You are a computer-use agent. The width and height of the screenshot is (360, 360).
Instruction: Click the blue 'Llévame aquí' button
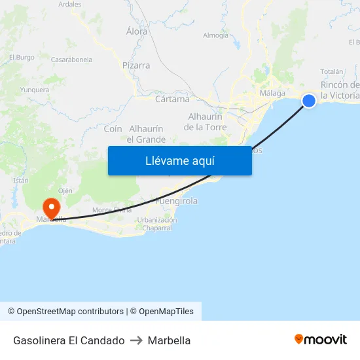pos(179,160)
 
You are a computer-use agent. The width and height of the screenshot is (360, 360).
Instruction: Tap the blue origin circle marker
pos(309,100)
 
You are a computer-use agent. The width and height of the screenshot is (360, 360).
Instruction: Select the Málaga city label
pos(272,93)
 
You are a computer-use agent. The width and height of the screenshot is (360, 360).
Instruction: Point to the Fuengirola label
pos(176,201)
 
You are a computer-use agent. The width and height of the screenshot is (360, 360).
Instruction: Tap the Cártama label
pos(173,99)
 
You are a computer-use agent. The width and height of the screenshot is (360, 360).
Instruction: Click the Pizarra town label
pos(136,65)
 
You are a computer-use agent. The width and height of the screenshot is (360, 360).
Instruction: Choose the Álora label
pos(137,31)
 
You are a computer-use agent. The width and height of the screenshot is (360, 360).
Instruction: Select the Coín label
pos(113,129)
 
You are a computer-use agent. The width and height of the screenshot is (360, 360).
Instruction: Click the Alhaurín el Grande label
pos(146,134)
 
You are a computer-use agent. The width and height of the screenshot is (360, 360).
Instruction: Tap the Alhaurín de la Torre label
pos(206,122)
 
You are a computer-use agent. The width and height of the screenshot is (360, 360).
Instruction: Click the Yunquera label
pos(35,90)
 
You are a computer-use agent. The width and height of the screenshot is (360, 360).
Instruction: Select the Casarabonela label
pos(71,60)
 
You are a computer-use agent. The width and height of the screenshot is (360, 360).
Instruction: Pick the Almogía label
pos(216,35)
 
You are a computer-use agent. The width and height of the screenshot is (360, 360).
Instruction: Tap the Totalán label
pos(332,71)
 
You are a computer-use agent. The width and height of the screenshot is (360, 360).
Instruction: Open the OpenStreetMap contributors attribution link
pos(70,312)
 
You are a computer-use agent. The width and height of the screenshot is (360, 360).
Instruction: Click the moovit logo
pos(321,340)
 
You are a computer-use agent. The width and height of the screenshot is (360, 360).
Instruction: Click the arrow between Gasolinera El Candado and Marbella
pos(136,340)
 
